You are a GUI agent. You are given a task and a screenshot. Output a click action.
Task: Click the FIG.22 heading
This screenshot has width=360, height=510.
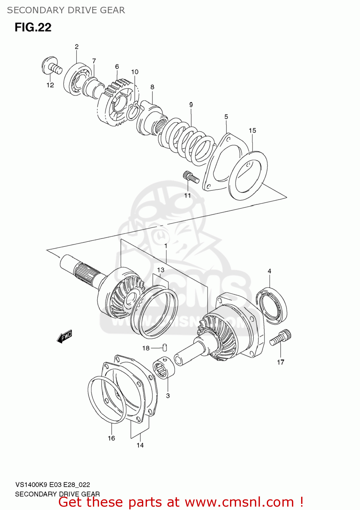(33, 27)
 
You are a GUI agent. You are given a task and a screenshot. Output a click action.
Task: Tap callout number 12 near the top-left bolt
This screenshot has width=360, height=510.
(50, 85)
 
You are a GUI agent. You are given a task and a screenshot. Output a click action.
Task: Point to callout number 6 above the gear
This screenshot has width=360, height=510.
(117, 67)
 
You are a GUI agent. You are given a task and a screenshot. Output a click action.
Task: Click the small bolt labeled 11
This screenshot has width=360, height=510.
(191, 177)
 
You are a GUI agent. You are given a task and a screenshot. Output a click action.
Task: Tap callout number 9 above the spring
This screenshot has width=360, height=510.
(191, 105)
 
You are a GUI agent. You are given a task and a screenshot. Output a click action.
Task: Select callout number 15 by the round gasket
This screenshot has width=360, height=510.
(252, 131)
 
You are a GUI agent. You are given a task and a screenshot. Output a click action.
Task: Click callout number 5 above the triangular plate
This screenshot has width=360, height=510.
(226, 117)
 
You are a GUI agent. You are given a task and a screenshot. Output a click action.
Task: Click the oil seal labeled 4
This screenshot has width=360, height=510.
(272, 305)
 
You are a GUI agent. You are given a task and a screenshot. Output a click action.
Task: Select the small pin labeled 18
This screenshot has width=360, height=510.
(165, 347)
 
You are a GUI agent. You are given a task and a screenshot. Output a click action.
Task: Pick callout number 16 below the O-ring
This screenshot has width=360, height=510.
(112, 438)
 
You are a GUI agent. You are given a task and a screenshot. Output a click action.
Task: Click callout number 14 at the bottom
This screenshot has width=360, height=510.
(140, 445)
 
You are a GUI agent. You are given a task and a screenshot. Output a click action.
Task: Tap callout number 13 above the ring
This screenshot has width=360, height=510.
(161, 270)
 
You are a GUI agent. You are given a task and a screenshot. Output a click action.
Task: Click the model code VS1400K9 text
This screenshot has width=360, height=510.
(32, 485)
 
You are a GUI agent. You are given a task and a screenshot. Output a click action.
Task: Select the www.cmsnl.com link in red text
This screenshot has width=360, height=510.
(239, 502)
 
